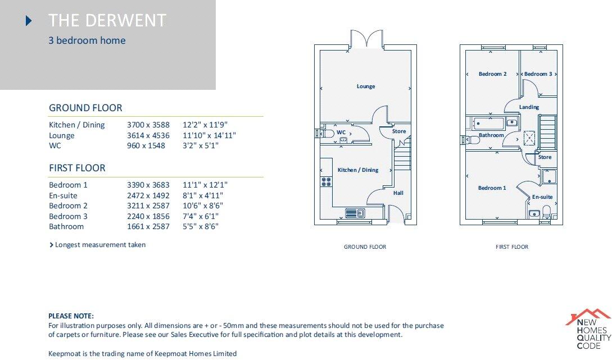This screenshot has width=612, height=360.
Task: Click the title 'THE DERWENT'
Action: pos(107,21)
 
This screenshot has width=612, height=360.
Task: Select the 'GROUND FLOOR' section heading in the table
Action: pos(85,108)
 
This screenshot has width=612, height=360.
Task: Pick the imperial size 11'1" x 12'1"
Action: pos(205,185)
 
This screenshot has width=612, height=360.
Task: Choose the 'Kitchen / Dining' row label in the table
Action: pos(77,125)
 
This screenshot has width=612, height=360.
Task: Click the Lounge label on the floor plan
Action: pos(366,86)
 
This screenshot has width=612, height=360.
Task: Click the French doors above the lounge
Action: pos(367,40)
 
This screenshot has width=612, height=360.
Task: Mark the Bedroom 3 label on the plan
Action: pos(538,74)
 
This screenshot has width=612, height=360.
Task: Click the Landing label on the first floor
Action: pos(529,107)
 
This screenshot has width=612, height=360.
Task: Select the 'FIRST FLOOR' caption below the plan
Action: pos(511,247)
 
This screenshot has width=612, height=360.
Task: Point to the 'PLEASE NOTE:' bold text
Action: pos(71,316)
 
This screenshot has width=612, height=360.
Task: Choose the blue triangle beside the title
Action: pos(29,21)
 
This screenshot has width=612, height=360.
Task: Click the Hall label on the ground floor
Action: pos(398,193)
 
